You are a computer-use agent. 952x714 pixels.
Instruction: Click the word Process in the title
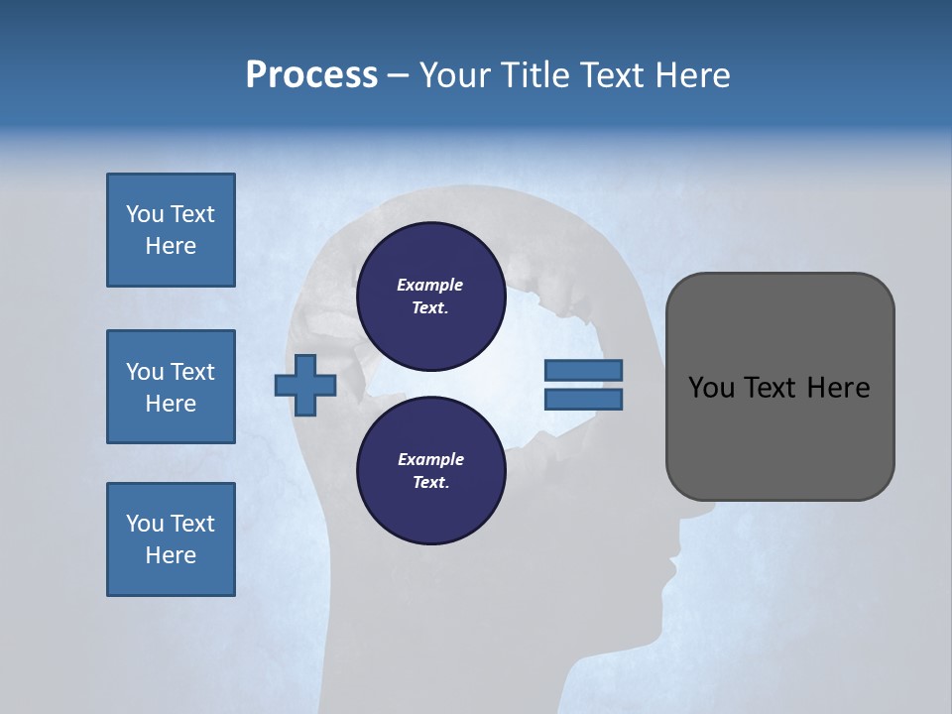311,75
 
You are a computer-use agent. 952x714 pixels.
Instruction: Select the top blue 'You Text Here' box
171,230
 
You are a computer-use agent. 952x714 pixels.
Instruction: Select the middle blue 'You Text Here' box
171,387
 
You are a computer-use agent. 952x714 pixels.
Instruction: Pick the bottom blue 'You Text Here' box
171,539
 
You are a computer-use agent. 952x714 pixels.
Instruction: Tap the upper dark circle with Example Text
429,296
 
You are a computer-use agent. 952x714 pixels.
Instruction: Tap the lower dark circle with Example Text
429,470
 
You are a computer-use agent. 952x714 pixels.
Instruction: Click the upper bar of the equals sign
583,371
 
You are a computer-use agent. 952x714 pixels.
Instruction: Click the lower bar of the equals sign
583,400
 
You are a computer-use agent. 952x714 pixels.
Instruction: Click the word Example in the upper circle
429,285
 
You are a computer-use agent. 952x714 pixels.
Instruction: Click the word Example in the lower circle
429,459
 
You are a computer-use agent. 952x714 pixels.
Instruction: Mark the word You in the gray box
710,388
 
